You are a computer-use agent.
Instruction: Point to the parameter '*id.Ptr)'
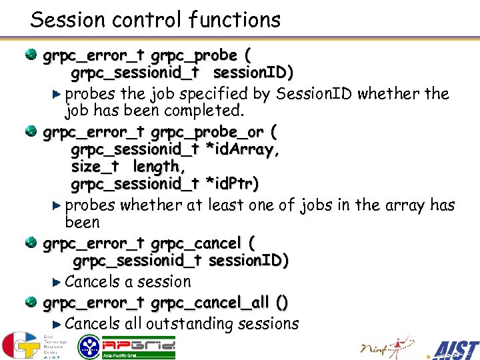pos(233,183)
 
